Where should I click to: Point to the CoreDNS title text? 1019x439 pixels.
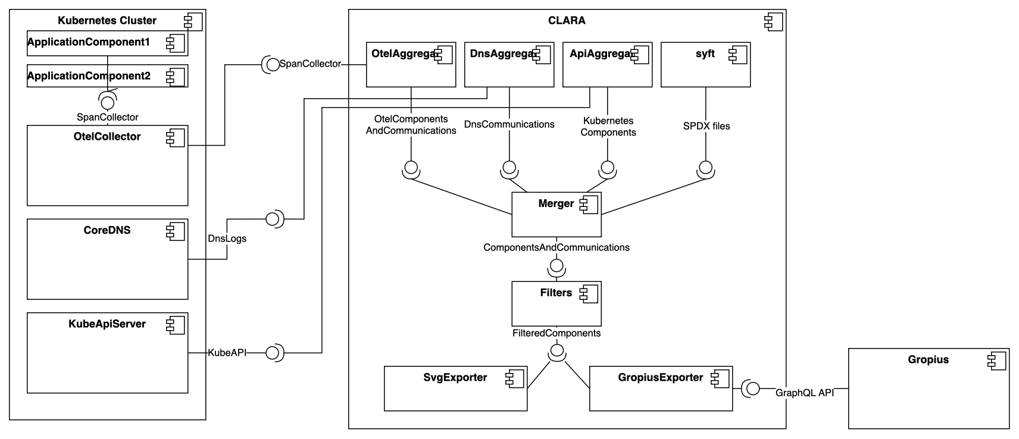click(107, 230)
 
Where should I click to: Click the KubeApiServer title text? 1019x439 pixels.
click(107, 324)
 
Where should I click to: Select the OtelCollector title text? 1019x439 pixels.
click(107, 137)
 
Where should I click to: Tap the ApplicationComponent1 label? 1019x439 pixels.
click(89, 42)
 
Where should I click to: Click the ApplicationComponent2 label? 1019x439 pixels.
click(89, 76)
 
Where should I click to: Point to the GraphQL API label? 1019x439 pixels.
click(805, 393)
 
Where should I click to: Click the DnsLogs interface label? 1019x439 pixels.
click(227, 239)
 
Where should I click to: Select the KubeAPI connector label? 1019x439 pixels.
click(227, 353)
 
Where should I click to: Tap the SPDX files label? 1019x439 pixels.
click(707, 126)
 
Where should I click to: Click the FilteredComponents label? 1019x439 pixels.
click(557, 333)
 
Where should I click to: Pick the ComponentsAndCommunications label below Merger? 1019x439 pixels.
click(557, 247)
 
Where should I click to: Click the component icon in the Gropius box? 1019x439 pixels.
click(995, 360)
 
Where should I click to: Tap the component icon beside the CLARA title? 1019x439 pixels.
click(773, 23)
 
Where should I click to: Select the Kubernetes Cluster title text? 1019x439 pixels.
click(107, 21)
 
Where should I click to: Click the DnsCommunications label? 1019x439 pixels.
click(509, 124)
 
